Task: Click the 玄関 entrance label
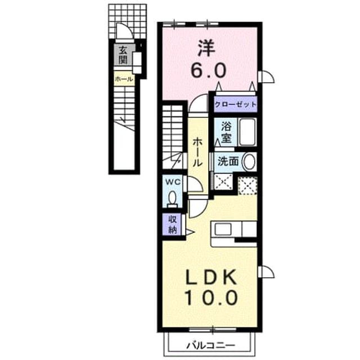coord(123,55)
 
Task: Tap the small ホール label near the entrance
coord(124,79)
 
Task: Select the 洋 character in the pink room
coord(206,48)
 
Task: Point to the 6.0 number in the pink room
coord(209,70)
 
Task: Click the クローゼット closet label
coord(235,105)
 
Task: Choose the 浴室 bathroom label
coord(226,132)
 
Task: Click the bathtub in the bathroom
coord(247,132)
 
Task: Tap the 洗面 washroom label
coord(228,161)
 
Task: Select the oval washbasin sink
coord(249,161)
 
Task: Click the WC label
coord(173,182)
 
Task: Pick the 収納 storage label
coord(173,225)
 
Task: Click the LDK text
coord(211,277)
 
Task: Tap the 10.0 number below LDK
coord(211,298)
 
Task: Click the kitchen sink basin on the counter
coord(223,229)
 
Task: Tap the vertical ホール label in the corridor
coord(197,152)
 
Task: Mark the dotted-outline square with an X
coord(247,186)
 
